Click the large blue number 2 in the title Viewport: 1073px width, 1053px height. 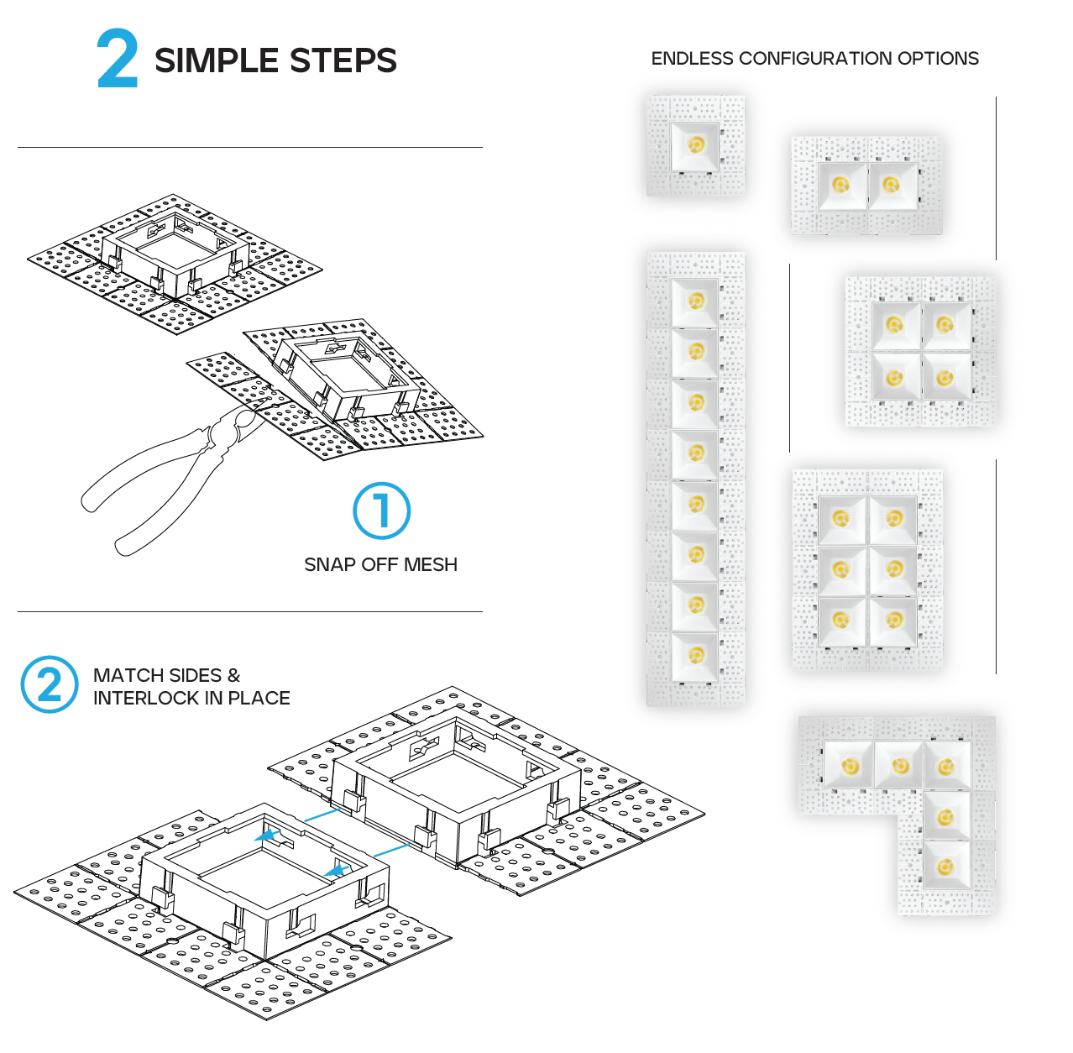click(x=118, y=59)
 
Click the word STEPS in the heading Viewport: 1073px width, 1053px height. click(x=343, y=61)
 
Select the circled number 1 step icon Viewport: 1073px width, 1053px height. click(x=382, y=511)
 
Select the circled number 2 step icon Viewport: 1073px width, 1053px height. click(x=50, y=684)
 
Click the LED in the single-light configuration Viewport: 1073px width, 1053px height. click(x=695, y=145)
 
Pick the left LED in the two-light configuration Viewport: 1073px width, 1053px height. click(x=840, y=185)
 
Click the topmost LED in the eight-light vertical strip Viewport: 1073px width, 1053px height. click(x=696, y=301)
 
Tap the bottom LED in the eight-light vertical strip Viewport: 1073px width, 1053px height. click(x=696, y=655)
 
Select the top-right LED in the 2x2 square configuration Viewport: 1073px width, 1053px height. click(x=945, y=325)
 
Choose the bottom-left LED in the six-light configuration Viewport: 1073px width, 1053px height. click(x=840, y=620)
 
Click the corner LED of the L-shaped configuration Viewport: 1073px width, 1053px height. click(x=945, y=766)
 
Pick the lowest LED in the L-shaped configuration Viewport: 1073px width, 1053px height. click(x=945, y=867)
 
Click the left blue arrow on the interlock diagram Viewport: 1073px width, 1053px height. click(x=268, y=836)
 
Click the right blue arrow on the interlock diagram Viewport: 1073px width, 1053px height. click(x=338, y=870)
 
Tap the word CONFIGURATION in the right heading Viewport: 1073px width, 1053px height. click(x=815, y=59)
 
